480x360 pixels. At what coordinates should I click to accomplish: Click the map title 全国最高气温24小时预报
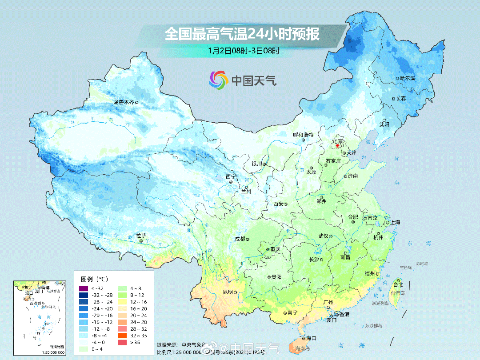242,34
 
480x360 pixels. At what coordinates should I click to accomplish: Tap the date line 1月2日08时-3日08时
244,50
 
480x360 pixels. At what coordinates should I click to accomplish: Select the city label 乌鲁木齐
124,102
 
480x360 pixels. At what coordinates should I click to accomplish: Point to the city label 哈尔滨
407,78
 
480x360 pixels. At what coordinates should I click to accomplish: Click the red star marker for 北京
338,145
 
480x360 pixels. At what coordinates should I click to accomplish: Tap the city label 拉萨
141,236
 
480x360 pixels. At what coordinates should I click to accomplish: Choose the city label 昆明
228,292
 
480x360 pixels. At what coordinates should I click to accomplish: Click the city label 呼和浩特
303,134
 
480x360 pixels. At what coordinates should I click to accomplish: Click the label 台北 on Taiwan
398,284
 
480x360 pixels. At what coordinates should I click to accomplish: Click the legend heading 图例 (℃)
94,279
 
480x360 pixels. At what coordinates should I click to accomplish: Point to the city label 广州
328,303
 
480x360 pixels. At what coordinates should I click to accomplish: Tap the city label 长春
401,98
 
